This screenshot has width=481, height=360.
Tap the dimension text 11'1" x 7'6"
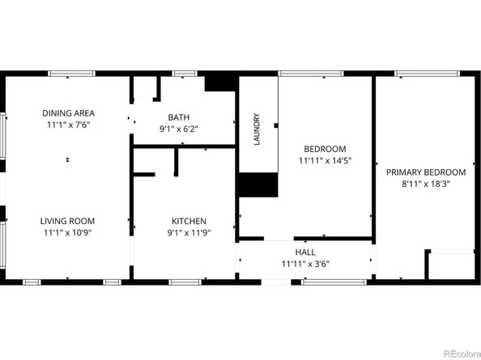coord(68,125)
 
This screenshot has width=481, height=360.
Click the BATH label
coord(179,116)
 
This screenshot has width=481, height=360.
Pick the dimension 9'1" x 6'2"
coord(179,128)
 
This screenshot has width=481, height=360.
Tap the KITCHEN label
coord(189,221)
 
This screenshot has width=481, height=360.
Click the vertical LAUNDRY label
coord(257,129)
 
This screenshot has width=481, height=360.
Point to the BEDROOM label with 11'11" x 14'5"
coord(325,149)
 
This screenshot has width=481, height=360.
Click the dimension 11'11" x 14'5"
coord(325,160)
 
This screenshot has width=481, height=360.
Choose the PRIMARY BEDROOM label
coord(425,172)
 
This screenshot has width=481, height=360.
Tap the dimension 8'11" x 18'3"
coord(425,184)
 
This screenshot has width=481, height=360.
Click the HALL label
coord(304,252)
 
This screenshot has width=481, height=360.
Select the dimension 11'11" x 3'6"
coord(304,264)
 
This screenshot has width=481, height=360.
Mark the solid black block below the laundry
coord(258,185)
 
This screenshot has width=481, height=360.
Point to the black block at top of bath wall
coord(218,83)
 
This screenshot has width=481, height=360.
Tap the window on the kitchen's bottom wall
coord(185,282)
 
